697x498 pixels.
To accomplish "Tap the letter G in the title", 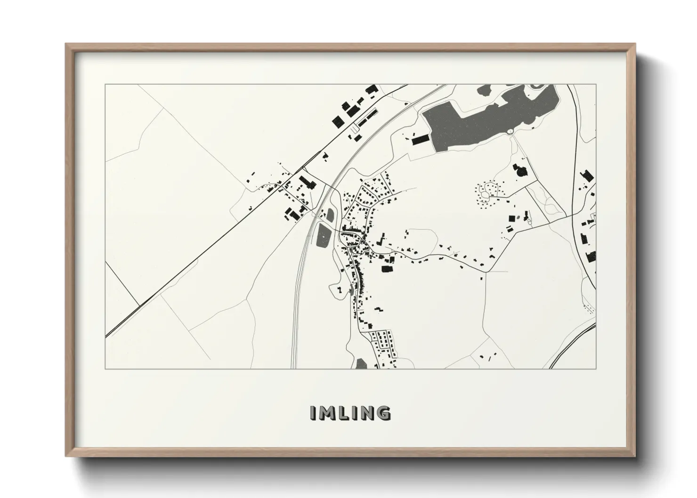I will tap(383, 413).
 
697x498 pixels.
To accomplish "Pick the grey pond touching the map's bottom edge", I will tap(361, 363).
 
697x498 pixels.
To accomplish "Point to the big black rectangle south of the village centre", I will tap(386, 268).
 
